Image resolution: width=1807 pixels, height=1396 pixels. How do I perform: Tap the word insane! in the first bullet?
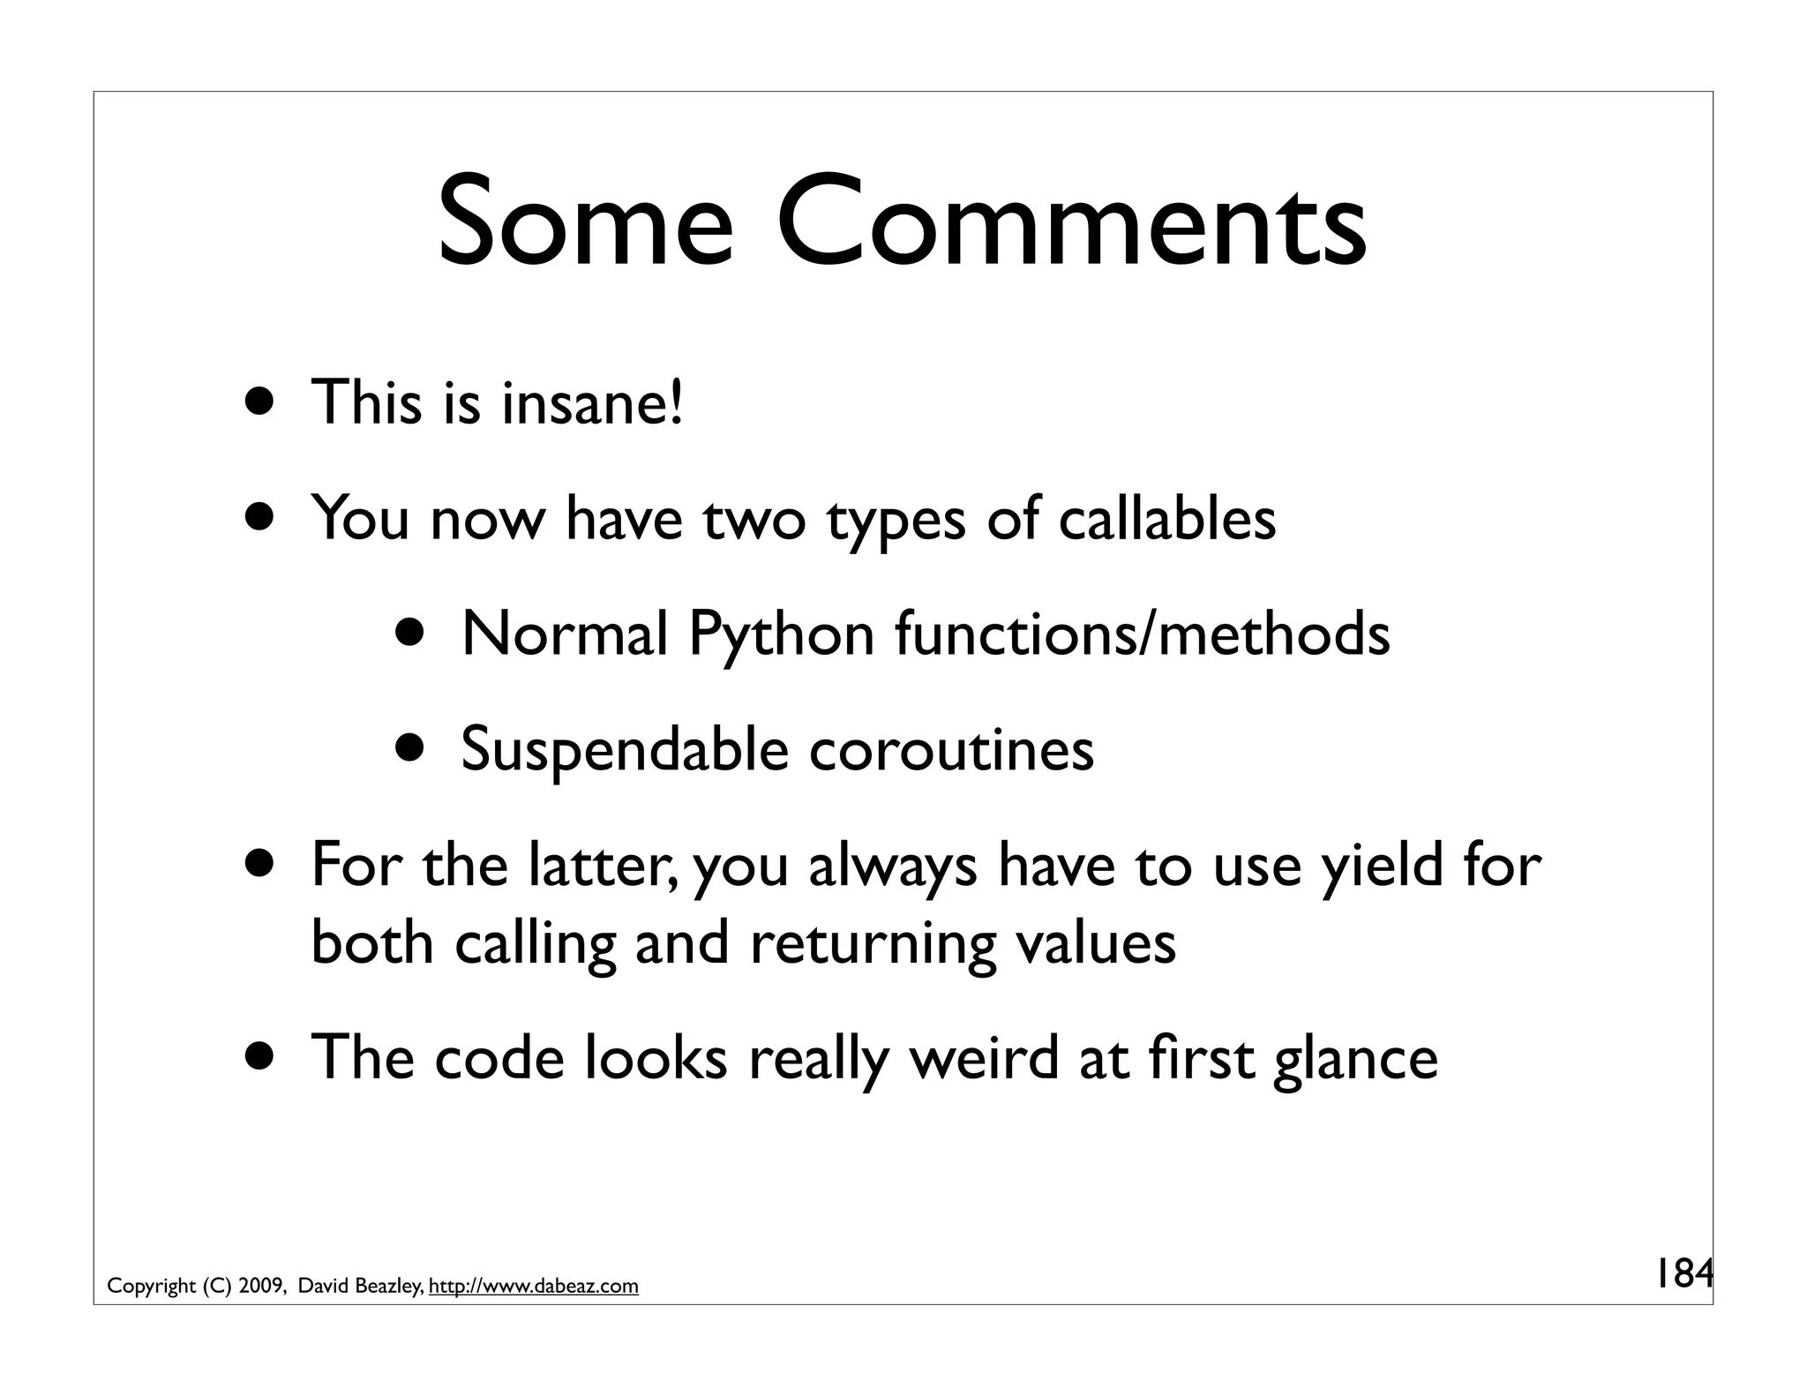click(x=592, y=402)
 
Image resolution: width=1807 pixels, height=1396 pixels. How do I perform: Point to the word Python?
click(x=781, y=635)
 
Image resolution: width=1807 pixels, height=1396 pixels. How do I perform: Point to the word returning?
click(x=874, y=942)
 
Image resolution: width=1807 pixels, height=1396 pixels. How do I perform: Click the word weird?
click(x=983, y=1057)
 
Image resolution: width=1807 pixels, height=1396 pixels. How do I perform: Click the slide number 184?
click(x=1682, y=1273)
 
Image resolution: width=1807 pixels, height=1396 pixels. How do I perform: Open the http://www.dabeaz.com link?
click(x=533, y=1287)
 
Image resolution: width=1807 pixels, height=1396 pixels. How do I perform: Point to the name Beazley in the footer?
click(x=387, y=1287)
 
